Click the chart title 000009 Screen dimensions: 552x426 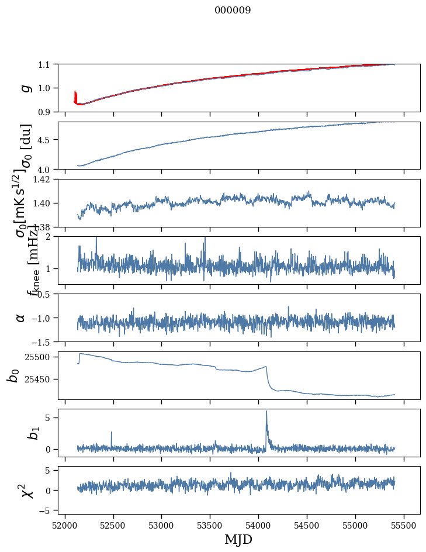pyautogui.click(x=233, y=11)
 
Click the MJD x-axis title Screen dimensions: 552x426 pyautogui.click(x=238, y=540)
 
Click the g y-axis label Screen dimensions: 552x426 pyautogui.click(x=25, y=88)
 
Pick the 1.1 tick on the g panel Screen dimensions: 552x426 pyautogui.click(x=48, y=64)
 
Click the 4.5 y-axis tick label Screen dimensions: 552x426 pyautogui.click(x=48, y=140)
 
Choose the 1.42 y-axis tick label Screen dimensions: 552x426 pyautogui.click(x=44, y=180)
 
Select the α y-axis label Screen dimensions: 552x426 pyautogui.click(x=20, y=318)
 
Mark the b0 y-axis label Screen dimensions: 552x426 pyautogui.click(x=13, y=375)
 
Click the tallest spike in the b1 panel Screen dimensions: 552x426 pyautogui.click(x=266, y=412)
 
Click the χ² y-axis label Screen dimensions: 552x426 pyautogui.click(x=25, y=490)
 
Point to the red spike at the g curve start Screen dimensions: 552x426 pyautogui.click(x=75, y=95)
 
